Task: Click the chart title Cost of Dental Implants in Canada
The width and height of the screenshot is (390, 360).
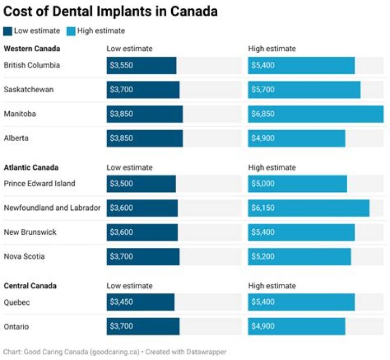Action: click(x=110, y=11)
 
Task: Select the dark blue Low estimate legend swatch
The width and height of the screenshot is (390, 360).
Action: click(x=8, y=31)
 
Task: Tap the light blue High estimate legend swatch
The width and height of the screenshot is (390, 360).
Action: click(x=71, y=31)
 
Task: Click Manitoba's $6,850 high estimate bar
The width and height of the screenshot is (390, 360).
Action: click(x=316, y=114)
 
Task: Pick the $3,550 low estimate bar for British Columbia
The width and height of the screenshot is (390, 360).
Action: click(x=141, y=66)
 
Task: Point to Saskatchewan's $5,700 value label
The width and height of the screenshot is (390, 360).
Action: click(x=263, y=89)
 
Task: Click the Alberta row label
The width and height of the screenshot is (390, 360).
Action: click(x=16, y=138)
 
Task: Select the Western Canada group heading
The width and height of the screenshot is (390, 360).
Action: click(x=32, y=49)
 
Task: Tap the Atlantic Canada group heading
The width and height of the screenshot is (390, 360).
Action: click(x=31, y=168)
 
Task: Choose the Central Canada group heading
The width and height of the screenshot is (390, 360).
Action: click(x=30, y=286)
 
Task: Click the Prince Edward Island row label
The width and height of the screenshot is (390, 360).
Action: click(x=40, y=183)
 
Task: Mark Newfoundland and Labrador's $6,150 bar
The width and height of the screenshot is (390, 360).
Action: click(x=309, y=208)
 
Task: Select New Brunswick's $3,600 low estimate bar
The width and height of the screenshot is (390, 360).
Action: click(x=142, y=232)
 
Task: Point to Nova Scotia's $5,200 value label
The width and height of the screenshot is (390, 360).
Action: click(x=263, y=256)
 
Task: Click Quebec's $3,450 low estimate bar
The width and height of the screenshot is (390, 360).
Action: click(x=140, y=302)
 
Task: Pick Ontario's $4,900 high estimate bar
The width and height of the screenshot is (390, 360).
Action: click(x=296, y=326)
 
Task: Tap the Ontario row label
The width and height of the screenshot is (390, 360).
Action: click(x=16, y=326)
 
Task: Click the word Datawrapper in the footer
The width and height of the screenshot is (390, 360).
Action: click(x=206, y=352)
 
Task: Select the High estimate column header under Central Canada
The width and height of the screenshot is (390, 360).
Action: click(x=272, y=286)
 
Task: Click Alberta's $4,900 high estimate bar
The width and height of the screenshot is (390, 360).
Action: click(x=296, y=138)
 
